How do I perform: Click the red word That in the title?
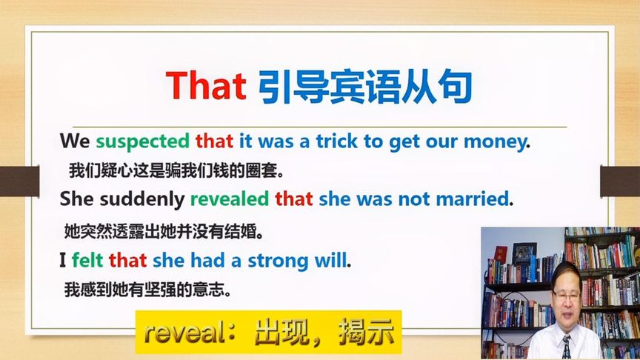[206, 87]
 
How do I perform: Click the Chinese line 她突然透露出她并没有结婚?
[164, 230]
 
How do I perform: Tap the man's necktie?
[567, 347]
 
